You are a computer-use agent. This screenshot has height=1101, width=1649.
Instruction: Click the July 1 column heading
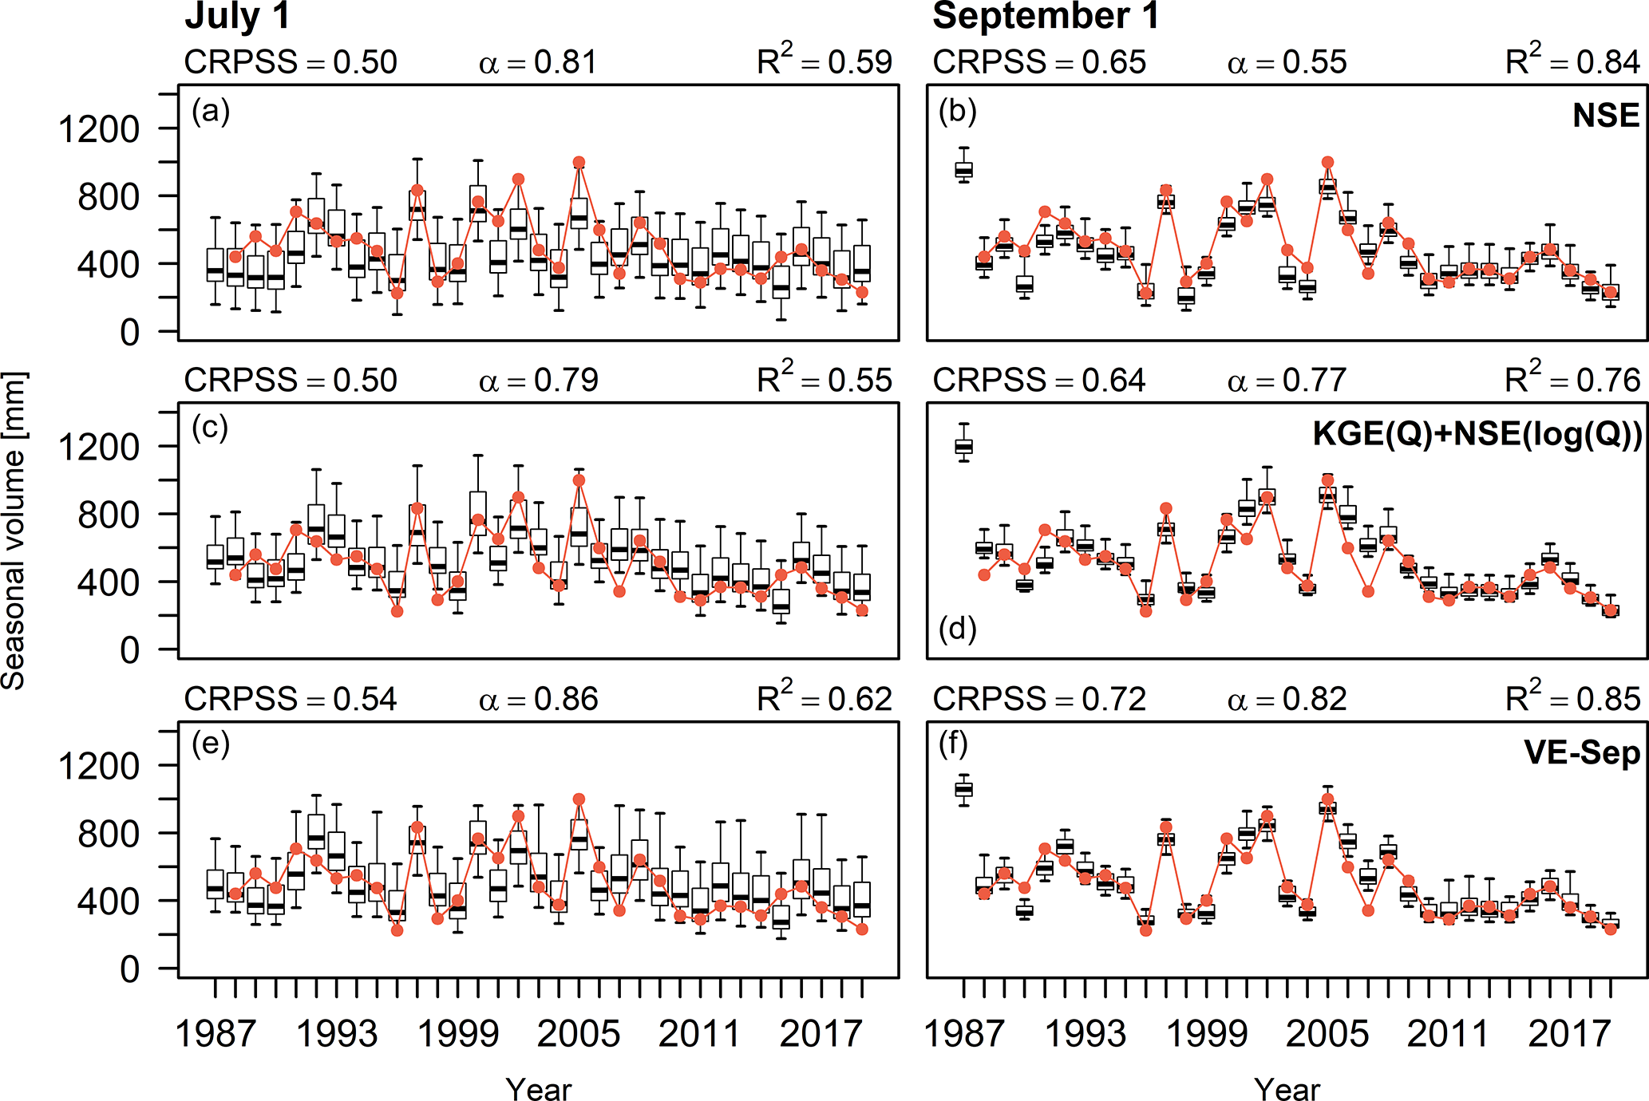237,18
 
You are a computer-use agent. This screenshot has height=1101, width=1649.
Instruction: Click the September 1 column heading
1046,18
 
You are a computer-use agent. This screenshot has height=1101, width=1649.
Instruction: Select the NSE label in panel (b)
1606,116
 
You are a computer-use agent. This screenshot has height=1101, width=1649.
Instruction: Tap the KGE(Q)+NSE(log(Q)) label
1477,435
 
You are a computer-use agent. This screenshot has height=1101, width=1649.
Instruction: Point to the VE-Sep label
1582,753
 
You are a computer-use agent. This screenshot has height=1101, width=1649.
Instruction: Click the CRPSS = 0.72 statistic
1039,700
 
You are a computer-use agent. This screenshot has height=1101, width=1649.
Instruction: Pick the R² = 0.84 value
1572,61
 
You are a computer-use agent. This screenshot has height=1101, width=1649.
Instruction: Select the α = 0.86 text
538,700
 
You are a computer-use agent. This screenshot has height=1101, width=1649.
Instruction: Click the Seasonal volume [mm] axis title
14,531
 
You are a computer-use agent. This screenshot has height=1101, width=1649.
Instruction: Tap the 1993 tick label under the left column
336,1034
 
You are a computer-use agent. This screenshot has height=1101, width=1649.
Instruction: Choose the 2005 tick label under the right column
1327,1034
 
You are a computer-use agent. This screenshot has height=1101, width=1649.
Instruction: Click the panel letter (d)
958,629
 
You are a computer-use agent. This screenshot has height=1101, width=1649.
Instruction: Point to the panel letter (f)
954,744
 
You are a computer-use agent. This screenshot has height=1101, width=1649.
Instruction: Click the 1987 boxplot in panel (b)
964,169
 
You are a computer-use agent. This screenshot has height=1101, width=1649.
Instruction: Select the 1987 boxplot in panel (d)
964,445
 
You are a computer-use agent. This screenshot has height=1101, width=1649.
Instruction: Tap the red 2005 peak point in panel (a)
579,163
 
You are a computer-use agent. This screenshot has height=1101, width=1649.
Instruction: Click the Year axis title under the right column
1287,1089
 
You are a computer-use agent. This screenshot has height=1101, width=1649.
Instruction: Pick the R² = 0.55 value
824,381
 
